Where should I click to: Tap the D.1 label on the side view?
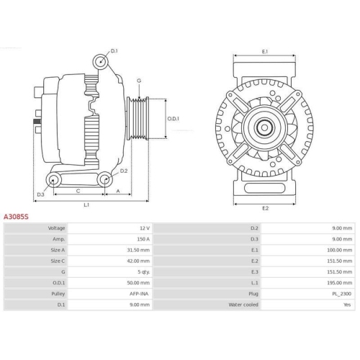[x=114, y=51]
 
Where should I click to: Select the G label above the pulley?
[x=138, y=81]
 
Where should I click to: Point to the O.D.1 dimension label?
[x=174, y=118]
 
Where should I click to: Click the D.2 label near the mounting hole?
[x=125, y=171]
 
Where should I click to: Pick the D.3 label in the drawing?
[x=40, y=194]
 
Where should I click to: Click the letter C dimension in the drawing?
[x=77, y=192]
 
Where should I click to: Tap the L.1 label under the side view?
[x=86, y=205]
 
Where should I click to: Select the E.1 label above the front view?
[x=265, y=51]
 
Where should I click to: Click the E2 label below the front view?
[x=265, y=208]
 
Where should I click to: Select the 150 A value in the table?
[x=143, y=238]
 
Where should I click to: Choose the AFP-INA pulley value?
[x=140, y=294]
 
